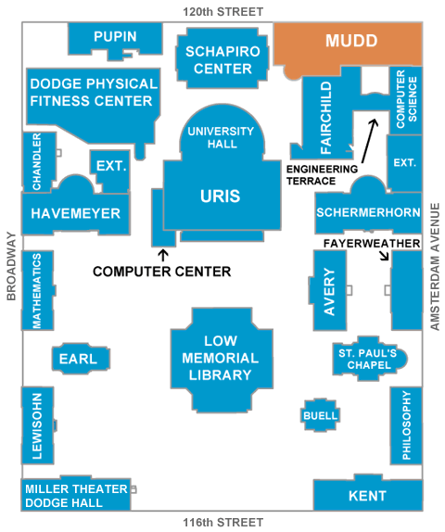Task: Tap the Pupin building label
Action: (x=115, y=37)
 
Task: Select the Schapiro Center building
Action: (x=222, y=58)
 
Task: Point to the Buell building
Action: (x=320, y=415)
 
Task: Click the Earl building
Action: (x=81, y=359)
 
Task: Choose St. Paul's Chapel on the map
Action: (x=369, y=359)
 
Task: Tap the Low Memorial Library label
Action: (x=221, y=358)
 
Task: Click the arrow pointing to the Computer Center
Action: (x=163, y=256)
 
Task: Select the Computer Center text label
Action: (x=162, y=272)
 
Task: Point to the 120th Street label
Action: (x=223, y=12)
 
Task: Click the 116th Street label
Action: (x=223, y=523)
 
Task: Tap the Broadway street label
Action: (x=11, y=266)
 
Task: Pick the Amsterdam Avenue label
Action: (x=435, y=267)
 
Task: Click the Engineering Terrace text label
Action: (x=322, y=175)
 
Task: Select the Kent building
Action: (x=368, y=494)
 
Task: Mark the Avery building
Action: (x=328, y=290)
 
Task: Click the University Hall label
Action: (x=221, y=137)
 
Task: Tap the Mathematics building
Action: (x=38, y=290)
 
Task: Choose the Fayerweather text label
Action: (x=372, y=243)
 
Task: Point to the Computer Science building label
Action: (x=407, y=99)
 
